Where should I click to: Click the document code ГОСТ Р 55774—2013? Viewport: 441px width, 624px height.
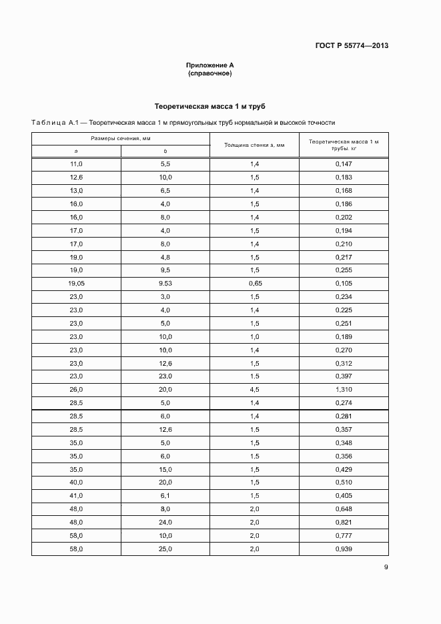[x=351, y=46]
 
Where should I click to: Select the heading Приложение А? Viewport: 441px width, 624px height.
[x=210, y=65]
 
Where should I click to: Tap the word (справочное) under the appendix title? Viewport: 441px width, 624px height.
[x=210, y=73]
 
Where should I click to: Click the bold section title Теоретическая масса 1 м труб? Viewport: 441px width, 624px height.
[x=210, y=106]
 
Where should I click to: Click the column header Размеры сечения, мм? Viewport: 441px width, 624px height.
[x=121, y=138]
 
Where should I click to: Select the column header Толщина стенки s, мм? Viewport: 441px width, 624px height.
[x=254, y=144]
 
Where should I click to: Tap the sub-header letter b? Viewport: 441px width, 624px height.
[x=165, y=151]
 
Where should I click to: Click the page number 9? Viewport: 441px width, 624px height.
[x=386, y=567]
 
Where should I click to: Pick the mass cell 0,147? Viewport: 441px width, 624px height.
[x=344, y=164]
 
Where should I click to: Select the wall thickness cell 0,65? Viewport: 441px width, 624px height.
[x=255, y=284]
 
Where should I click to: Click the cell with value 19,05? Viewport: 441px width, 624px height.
[x=76, y=284]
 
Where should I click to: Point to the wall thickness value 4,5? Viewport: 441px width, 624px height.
[x=255, y=390]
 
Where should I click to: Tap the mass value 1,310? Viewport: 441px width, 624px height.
[x=344, y=390]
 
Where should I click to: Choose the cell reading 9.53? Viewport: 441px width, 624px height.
[x=165, y=284]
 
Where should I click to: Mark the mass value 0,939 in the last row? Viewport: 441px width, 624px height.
[x=344, y=549]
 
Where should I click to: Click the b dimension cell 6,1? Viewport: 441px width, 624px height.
[x=165, y=496]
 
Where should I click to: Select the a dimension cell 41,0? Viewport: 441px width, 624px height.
[x=76, y=496]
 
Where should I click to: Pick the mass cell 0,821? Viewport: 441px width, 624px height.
[x=344, y=523]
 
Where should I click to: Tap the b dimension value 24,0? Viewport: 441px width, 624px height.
[x=165, y=523]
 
